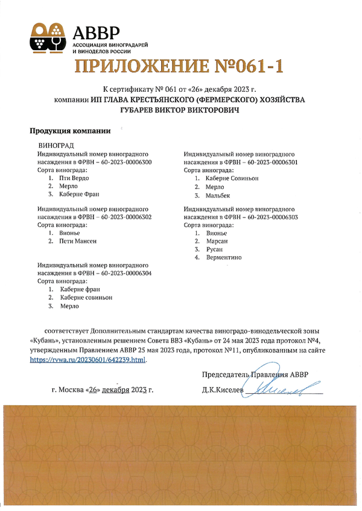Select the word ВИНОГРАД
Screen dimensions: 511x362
coord(56,146)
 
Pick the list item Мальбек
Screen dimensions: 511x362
coord(218,196)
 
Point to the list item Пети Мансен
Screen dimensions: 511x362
coord(78,241)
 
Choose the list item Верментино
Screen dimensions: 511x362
coord(224,258)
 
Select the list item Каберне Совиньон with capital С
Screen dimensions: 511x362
coord(232,179)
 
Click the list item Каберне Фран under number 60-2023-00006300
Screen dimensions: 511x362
coord(79,194)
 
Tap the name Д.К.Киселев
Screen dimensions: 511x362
coord(224,390)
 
